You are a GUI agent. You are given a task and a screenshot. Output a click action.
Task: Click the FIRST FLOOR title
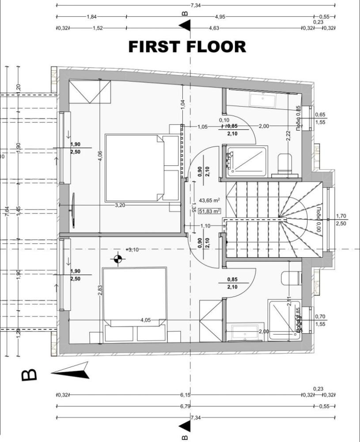[x=187, y=46]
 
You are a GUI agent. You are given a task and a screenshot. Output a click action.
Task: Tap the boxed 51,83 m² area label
[x=210, y=211]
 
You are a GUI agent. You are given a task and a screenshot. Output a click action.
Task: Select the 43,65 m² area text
[x=210, y=200]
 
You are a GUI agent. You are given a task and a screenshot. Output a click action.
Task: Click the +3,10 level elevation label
[x=132, y=250]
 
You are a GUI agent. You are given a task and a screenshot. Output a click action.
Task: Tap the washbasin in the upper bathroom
[x=263, y=99]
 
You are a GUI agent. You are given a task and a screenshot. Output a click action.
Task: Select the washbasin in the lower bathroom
[x=245, y=331]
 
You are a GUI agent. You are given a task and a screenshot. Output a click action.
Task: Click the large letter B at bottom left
[x=30, y=375]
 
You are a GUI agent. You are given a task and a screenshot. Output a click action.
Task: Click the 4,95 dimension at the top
[x=220, y=17]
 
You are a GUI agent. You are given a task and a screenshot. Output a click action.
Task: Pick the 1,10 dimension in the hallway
[x=205, y=226]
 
